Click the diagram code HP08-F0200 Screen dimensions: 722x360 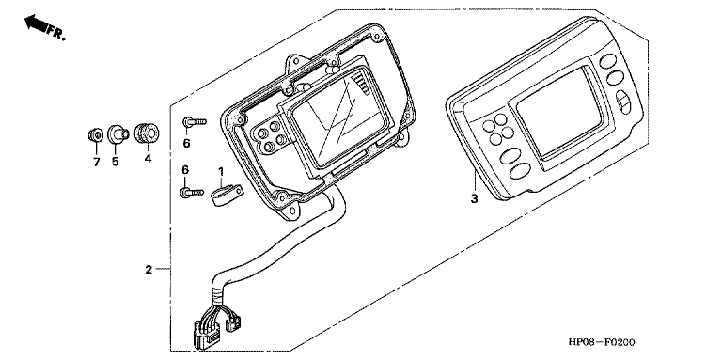(602, 342)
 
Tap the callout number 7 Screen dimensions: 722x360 (96, 163)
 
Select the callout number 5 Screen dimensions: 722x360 (115, 162)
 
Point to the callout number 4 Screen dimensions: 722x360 (148, 159)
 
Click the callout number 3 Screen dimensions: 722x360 (474, 199)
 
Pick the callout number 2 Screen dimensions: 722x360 (149, 270)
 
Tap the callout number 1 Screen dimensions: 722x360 (221, 172)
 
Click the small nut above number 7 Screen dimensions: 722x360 (94, 135)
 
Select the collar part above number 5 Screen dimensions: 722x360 (117, 134)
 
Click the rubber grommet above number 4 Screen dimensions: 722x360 (147, 133)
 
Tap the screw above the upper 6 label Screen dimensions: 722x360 (195, 122)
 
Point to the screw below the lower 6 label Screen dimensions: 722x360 (192, 192)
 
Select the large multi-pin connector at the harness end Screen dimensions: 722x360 (202, 333)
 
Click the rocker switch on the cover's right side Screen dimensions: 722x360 (623, 102)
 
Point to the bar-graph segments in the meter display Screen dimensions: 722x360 (362, 86)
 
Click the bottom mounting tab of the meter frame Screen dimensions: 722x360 (291, 211)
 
